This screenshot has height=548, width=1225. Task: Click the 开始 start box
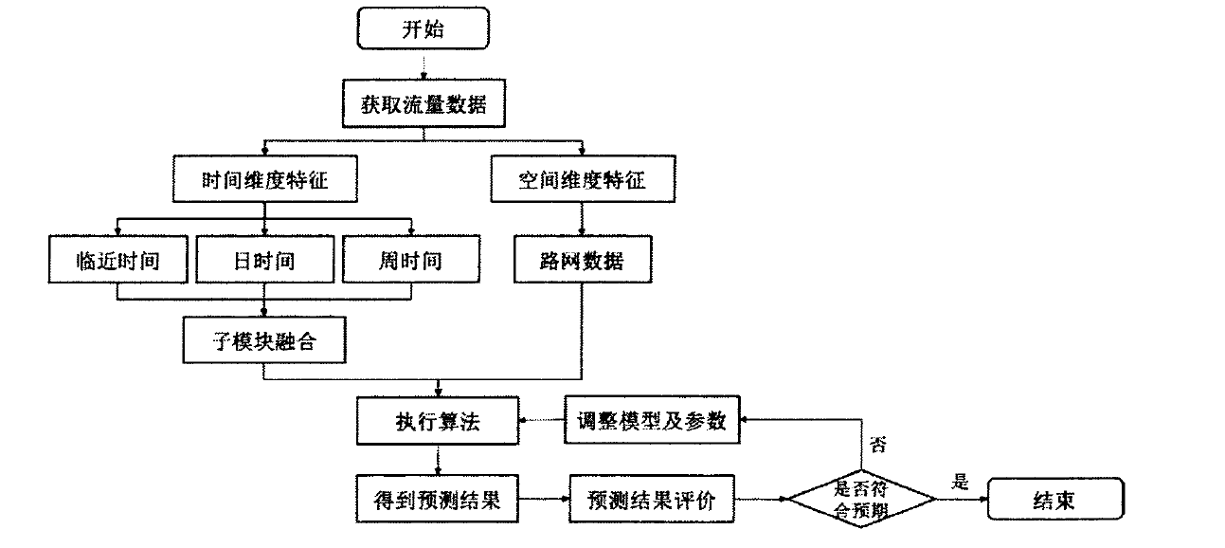tap(423, 29)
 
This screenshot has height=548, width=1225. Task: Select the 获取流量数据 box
tap(423, 103)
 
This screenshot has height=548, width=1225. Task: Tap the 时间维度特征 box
tap(264, 179)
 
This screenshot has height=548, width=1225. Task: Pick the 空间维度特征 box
tap(583, 179)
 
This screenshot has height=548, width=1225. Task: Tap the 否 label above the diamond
tap(877, 445)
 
